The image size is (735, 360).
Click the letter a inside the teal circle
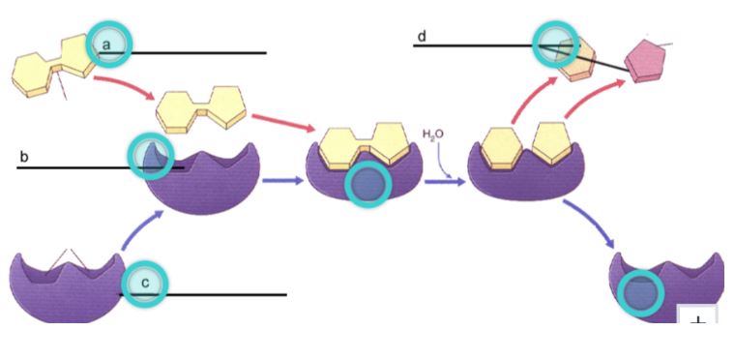(x=107, y=45)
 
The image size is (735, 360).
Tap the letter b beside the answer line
(x=23, y=157)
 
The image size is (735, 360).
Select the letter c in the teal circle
(x=145, y=283)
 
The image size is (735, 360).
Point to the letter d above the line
(x=422, y=36)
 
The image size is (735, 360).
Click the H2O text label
(x=432, y=135)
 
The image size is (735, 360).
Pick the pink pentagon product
(x=645, y=61)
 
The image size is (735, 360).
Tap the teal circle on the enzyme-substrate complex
(x=367, y=185)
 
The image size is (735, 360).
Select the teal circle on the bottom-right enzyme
(x=640, y=293)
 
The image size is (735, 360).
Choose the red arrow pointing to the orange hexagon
(x=533, y=100)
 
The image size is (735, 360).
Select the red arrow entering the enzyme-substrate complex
(x=284, y=123)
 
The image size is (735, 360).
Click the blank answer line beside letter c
(x=203, y=295)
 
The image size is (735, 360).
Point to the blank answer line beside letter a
(x=183, y=53)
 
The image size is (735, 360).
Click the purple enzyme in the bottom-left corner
(x=67, y=287)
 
